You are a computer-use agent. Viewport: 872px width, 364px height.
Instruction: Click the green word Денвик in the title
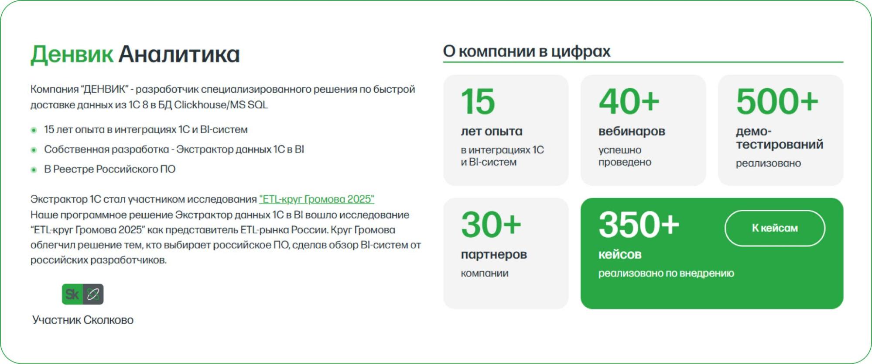click(72, 55)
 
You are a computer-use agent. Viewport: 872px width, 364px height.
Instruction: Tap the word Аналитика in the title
click(179, 54)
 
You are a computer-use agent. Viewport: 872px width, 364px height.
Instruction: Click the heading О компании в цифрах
click(527, 52)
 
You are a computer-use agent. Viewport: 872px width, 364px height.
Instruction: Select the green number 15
click(478, 101)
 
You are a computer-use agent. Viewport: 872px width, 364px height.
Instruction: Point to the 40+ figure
click(629, 101)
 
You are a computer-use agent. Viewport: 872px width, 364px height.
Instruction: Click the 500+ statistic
click(777, 101)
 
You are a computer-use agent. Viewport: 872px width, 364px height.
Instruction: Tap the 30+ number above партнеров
click(491, 225)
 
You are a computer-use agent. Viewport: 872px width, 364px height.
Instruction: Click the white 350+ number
click(639, 225)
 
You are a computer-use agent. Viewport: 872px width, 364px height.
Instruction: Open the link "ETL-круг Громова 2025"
click(317, 199)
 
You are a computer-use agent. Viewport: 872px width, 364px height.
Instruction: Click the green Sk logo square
click(72, 294)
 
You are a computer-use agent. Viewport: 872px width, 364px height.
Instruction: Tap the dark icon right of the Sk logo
click(93, 294)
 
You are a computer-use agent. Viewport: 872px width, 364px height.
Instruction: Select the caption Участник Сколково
click(83, 320)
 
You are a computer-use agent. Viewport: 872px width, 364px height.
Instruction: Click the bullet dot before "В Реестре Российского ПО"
click(34, 170)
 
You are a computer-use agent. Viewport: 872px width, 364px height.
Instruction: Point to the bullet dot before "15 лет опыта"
click(34, 130)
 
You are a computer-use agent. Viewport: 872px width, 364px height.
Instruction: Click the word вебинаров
click(632, 131)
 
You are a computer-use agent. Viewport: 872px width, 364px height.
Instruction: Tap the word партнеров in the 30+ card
click(494, 255)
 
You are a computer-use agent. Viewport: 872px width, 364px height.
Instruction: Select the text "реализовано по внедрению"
click(666, 274)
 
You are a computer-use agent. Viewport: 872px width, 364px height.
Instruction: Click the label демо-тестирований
click(780, 138)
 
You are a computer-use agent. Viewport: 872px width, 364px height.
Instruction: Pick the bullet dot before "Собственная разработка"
click(34, 150)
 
